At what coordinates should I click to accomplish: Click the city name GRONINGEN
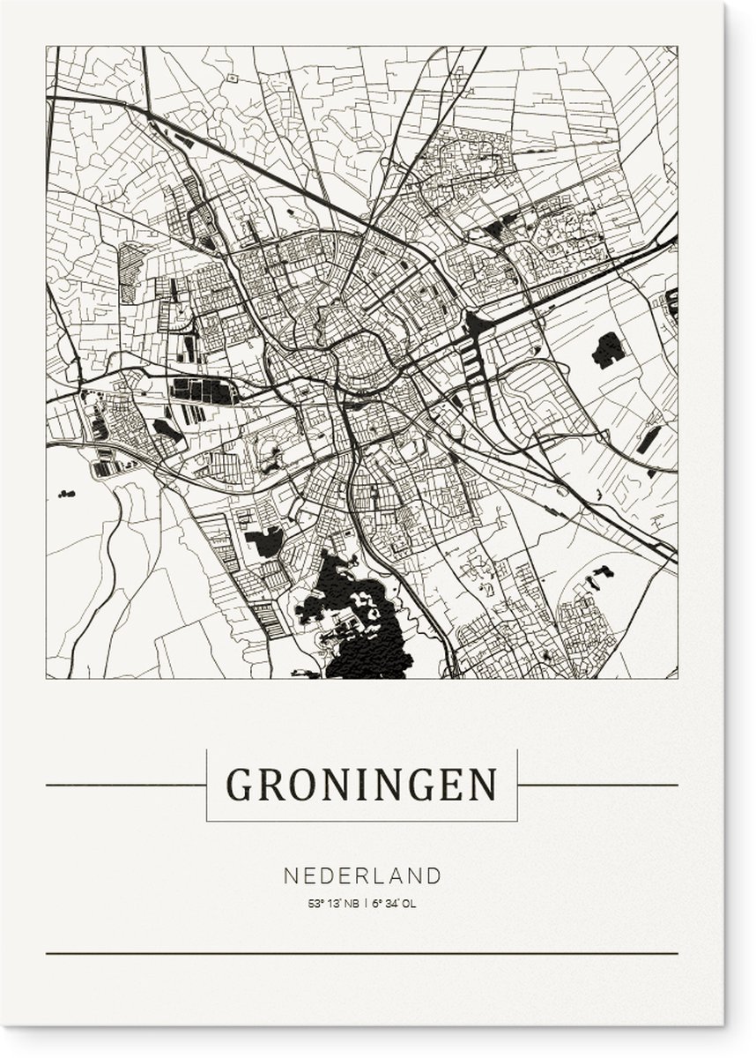(361, 784)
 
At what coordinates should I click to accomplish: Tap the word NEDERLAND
(362, 875)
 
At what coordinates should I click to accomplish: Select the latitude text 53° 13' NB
(333, 903)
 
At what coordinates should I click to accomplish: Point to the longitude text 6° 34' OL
(391, 903)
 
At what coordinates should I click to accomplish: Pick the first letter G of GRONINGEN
(239, 784)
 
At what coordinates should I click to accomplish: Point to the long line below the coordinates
(361, 953)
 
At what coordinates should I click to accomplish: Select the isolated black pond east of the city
(608, 350)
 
